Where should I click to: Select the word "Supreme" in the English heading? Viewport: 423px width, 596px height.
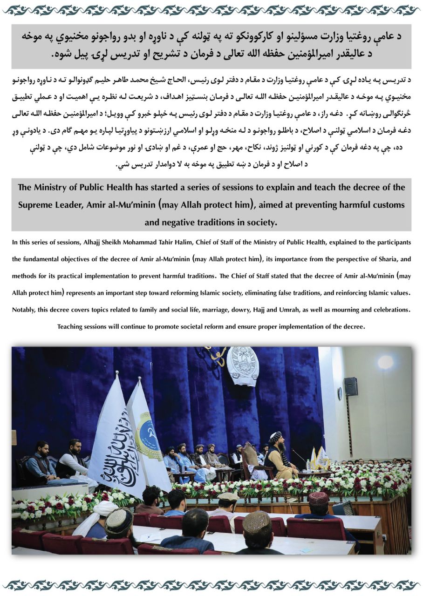[34, 205]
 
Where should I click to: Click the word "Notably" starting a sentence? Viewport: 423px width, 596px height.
[23, 309]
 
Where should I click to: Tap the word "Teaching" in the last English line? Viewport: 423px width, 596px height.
[69, 326]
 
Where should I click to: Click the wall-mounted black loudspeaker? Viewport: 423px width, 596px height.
[351, 386]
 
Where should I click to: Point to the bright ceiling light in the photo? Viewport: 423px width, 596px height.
[385, 362]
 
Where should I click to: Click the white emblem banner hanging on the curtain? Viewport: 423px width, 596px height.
[242, 365]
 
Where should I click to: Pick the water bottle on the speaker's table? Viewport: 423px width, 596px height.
[308, 465]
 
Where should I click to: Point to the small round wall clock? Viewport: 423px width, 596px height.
[340, 394]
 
